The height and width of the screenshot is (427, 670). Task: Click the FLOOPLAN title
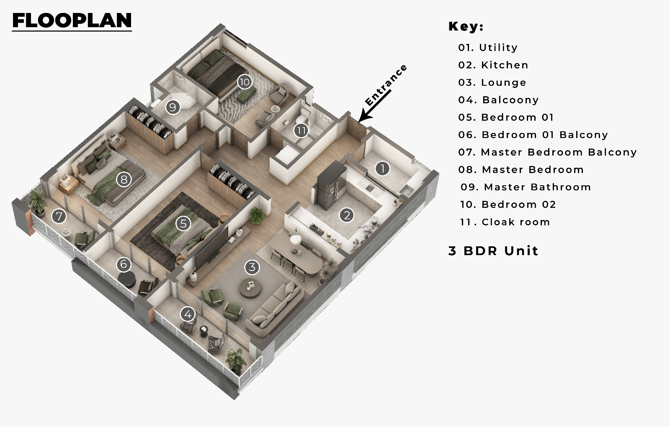click(72, 20)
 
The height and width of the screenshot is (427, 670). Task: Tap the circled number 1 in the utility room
click(382, 169)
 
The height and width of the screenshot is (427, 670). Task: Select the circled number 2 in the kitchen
click(347, 215)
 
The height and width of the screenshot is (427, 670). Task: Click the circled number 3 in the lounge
click(252, 267)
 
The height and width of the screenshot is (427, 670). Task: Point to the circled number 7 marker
click(59, 216)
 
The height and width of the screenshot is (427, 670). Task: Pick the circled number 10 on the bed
click(245, 82)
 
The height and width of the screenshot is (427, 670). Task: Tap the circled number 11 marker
click(301, 130)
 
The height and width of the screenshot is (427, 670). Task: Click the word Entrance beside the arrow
click(386, 85)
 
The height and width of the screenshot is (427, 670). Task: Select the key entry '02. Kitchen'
click(493, 65)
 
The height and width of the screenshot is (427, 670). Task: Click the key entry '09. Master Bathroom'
click(525, 187)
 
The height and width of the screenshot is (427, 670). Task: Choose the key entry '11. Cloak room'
click(505, 222)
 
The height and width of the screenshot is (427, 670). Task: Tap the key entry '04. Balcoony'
click(498, 100)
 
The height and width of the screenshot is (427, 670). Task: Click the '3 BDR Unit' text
click(493, 251)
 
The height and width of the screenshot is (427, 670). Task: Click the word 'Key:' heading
click(466, 26)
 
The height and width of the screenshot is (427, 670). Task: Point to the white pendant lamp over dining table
click(296, 240)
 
